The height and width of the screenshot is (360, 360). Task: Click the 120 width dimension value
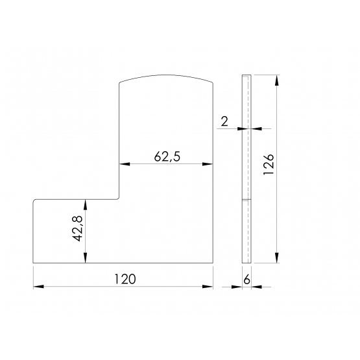pos(125,279)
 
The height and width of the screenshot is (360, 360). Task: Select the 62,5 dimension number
pos(167,157)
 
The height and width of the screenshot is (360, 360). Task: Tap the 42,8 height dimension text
pos(78,228)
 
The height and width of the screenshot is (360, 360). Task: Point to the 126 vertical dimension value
pos(269,164)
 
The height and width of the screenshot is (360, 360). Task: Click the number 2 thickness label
pos(224,121)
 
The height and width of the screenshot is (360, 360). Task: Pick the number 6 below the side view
pos(246,280)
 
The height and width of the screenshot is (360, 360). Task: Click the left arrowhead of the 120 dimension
pos(38,287)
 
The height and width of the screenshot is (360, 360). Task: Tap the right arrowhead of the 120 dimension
pos(208,287)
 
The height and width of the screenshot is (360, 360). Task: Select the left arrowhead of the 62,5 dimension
pos(125,164)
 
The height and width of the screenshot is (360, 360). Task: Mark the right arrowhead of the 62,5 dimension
pos(208,164)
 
